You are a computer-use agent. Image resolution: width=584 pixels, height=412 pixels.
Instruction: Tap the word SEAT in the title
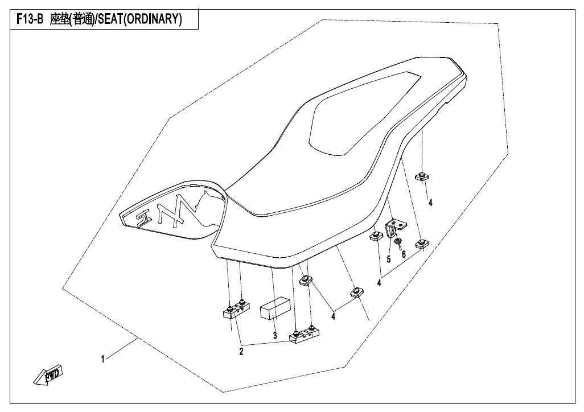[110, 19]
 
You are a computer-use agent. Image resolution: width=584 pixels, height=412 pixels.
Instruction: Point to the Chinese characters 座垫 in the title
[59, 19]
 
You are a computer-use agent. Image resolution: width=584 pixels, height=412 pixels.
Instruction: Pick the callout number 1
[102, 359]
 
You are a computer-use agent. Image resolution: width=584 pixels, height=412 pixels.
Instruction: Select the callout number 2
[241, 352]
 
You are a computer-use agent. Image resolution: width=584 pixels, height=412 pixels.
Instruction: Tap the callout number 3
[275, 336]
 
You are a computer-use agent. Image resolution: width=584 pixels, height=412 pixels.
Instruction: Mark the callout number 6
[404, 254]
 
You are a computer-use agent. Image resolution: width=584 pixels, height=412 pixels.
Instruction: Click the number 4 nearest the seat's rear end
[430, 203]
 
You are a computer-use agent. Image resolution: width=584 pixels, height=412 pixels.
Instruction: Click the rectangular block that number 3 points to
[274, 308]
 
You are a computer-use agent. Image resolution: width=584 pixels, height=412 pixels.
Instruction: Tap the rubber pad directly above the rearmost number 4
[422, 176]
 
